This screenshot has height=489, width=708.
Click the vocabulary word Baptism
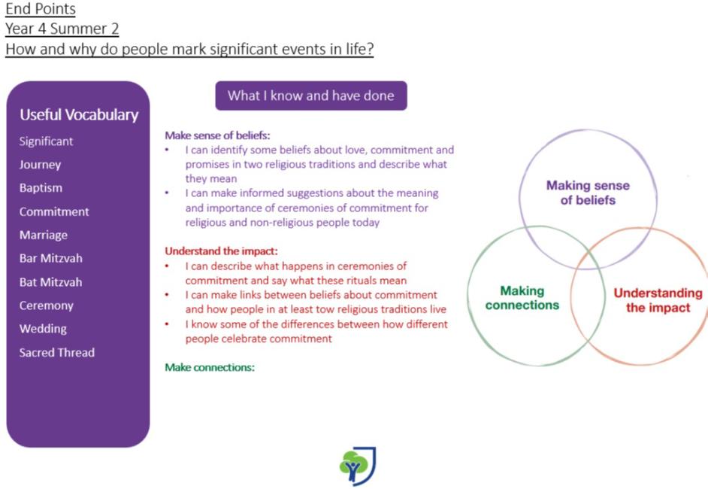pyautogui.click(x=41, y=188)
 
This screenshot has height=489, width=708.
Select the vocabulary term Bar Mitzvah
pyautogui.click(x=50, y=258)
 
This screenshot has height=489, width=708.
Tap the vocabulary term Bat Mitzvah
pyautogui.click(x=50, y=282)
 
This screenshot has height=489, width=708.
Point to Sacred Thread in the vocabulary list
pyautogui.click(x=57, y=353)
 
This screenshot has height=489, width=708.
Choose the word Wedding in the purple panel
pyautogui.click(x=43, y=329)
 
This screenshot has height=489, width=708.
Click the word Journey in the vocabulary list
pyautogui.click(x=40, y=165)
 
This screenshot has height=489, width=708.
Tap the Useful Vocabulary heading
pyautogui.click(x=79, y=115)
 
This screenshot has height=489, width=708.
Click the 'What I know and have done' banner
pyautogui.click(x=311, y=96)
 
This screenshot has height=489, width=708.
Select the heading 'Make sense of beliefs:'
pyautogui.click(x=217, y=135)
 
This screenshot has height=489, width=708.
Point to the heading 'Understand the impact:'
pyautogui.click(x=221, y=251)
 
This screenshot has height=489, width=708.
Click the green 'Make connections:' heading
pyautogui.click(x=210, y=367)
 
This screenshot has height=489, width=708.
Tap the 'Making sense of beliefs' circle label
pyautogui.click(x=588, y=193)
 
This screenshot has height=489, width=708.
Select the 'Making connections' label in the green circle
pyautogui.click(x=522, y=298)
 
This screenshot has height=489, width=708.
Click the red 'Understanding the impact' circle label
pyautogui.click(x=658, y=300)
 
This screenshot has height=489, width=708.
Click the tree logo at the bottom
pyautogui.click(x=358, y=466)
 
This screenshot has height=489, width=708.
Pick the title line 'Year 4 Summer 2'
pyautogui.click(x=62, y=29)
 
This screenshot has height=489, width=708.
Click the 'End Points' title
pyautogui.click(x=40, y=8)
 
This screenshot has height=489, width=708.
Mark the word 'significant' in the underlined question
pyautogui.click(x=244, y=49)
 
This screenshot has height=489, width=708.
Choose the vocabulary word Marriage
pyautogui.click(x=44, y=235)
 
